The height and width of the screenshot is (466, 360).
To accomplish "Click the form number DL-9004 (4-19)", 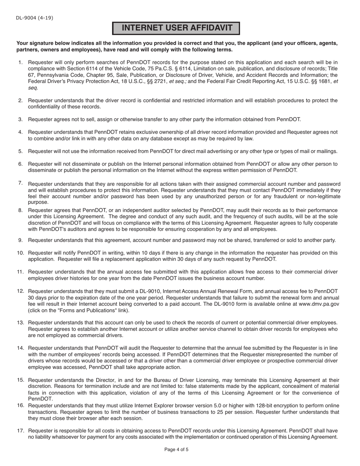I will pyautogui.click(x=34, y=18).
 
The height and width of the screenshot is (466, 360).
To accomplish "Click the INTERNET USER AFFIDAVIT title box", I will pyautogui.click(x=177, y=28).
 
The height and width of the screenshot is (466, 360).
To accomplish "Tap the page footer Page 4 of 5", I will pyautogui.click(x=176, y=450).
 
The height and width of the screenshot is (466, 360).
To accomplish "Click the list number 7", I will pyautogui.click(x=20, y=183).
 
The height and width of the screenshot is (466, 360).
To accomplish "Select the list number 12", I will pyautogui.click(x=20, y=291).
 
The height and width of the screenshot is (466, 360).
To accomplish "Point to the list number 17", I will pyautogui.click(x=20, y=430).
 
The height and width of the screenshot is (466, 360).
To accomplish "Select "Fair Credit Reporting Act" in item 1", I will pyautogui.click(x=247, y=81).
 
